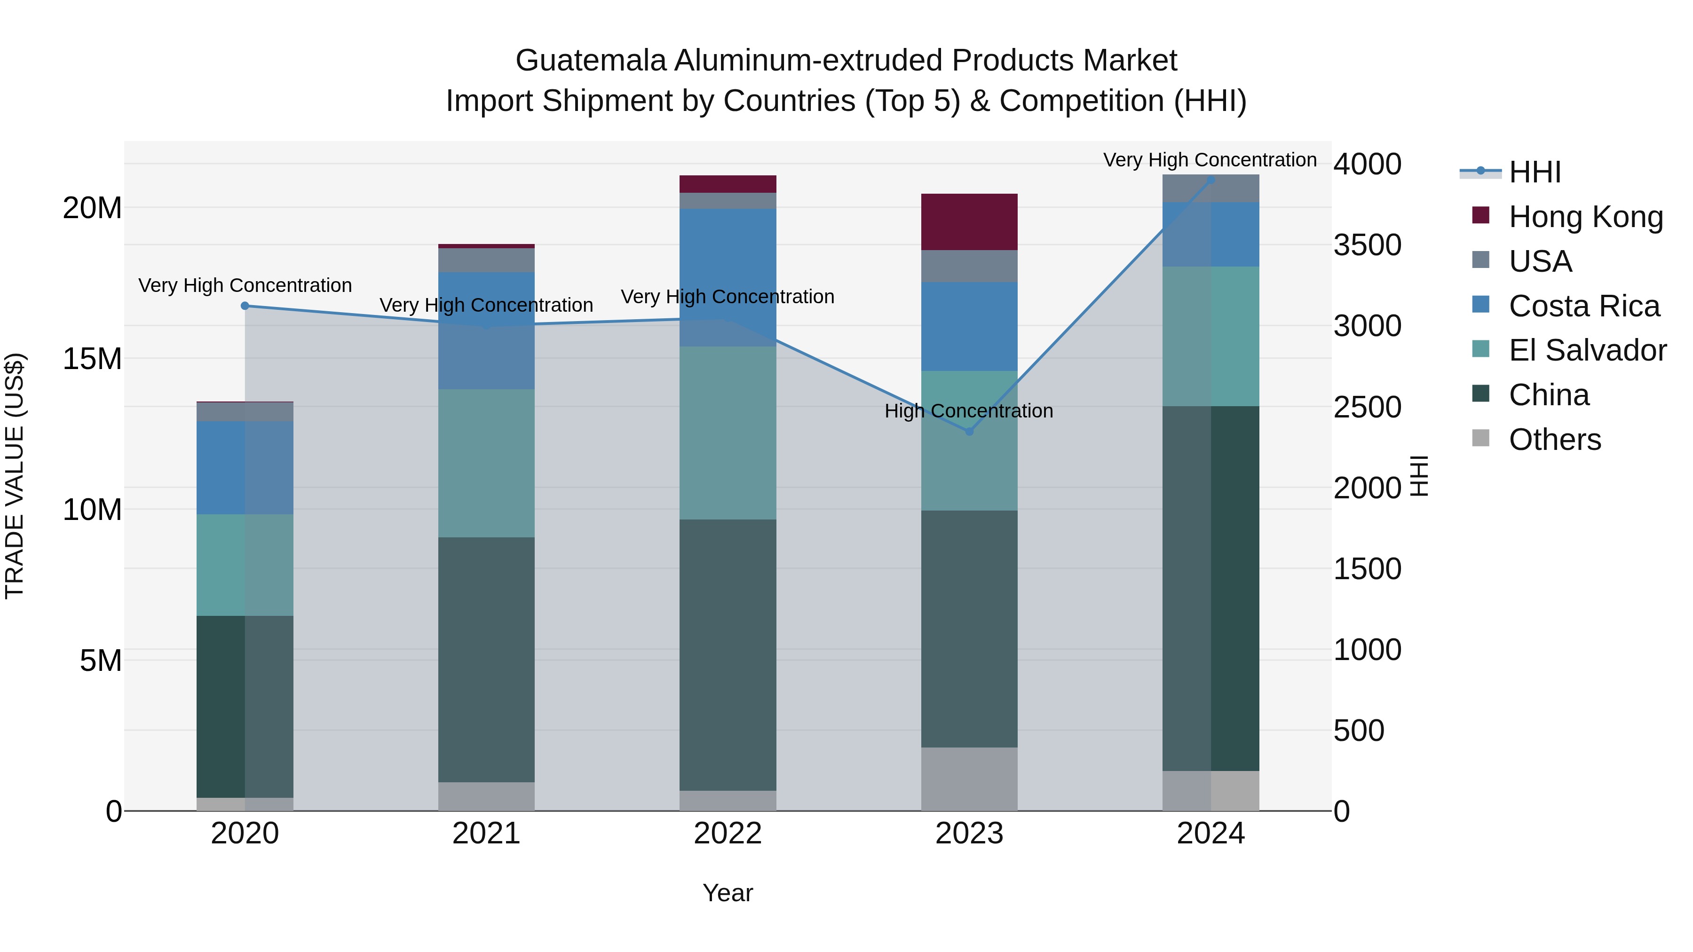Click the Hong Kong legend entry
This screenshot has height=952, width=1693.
tap(1585, 217)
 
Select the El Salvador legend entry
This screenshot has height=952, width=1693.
tap(1587, 350)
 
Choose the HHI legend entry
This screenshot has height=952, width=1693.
tap(1535, 172)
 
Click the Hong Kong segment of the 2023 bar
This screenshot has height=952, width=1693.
tap(969, 222)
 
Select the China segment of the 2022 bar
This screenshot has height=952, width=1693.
tap(728, 654)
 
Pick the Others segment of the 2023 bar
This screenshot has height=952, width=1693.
tap(969, 779)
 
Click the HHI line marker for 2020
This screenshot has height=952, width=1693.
tap(245, 306)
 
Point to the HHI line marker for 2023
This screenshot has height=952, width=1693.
tap(969, 432)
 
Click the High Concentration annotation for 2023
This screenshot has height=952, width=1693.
tap(969, 411)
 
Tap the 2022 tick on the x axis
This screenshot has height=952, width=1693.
tap(728, 834)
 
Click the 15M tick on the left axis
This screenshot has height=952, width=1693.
tap(92, 359)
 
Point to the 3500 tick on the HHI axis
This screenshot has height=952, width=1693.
tap(1367, 245)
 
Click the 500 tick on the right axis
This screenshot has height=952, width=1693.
tap(1359, 731)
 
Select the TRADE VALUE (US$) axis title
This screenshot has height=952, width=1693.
tap(15, 476)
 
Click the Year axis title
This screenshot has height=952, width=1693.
tap(728, 893)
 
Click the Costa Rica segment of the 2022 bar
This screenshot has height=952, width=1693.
tap(728, 277)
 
